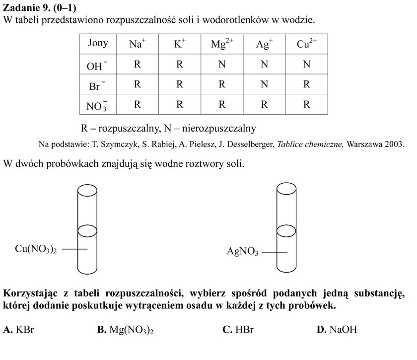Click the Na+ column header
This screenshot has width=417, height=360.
tap(138, 44)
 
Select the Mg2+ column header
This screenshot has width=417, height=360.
tap(222, 44)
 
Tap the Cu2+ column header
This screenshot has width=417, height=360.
tap(307, 44)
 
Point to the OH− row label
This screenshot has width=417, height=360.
tap(97, 66)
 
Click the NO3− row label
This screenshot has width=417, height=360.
tap(97, 106)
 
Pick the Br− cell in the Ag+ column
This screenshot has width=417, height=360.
tap(264, 84)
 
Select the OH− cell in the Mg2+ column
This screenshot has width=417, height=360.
tap(222, 64)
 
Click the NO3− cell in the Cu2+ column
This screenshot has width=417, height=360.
tap(306, 104)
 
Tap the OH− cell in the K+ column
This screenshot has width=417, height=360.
tap(180, 64)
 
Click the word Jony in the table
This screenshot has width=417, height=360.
tap(98, 43)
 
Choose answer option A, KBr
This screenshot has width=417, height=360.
tap(19, 329)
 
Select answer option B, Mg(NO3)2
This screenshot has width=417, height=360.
tap(125, 330)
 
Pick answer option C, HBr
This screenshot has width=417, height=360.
tap(238, 329)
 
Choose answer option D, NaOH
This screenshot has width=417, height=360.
tap(337, 329)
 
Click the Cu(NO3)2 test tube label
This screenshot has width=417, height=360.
tap(36, 249)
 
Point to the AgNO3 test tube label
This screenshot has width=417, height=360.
tap(242, 251)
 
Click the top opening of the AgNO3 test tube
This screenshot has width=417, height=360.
tap(286, 189)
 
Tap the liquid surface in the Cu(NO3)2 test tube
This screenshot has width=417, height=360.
tap(87, 231)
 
